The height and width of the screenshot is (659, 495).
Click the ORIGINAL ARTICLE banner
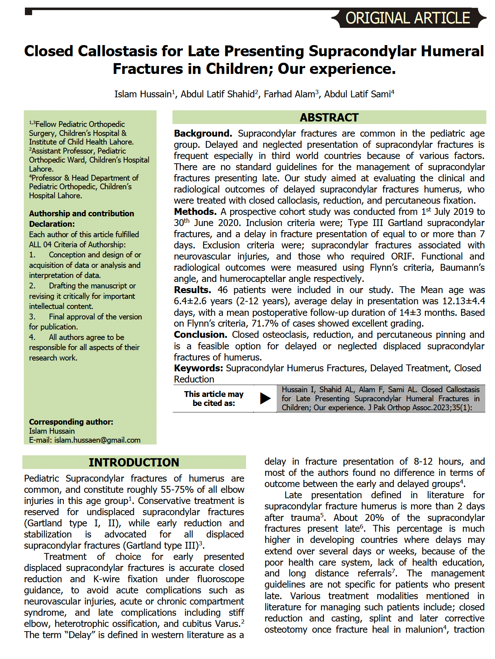click(408, 18)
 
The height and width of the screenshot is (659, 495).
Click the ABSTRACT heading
click(329, 118)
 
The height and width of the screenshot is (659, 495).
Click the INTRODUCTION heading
click(134, 462)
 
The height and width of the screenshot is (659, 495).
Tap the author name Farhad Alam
click(290, 94)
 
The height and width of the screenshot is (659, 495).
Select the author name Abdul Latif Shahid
click(218, 94)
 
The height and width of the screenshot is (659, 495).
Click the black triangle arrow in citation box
click(265, 398)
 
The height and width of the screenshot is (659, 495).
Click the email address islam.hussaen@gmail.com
click(97, 440)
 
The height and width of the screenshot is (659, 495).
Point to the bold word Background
click(202, 134)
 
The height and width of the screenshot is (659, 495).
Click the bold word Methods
click(195, 212)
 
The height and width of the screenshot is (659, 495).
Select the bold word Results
click(192, 290)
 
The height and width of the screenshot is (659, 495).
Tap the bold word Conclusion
click(200, 335)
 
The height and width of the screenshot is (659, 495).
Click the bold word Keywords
click(198, 368)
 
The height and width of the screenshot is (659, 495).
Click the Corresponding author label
click(71, 422)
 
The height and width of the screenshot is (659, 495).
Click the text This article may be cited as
click(214, 399)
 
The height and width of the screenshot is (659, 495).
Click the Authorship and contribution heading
click(82, 213)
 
